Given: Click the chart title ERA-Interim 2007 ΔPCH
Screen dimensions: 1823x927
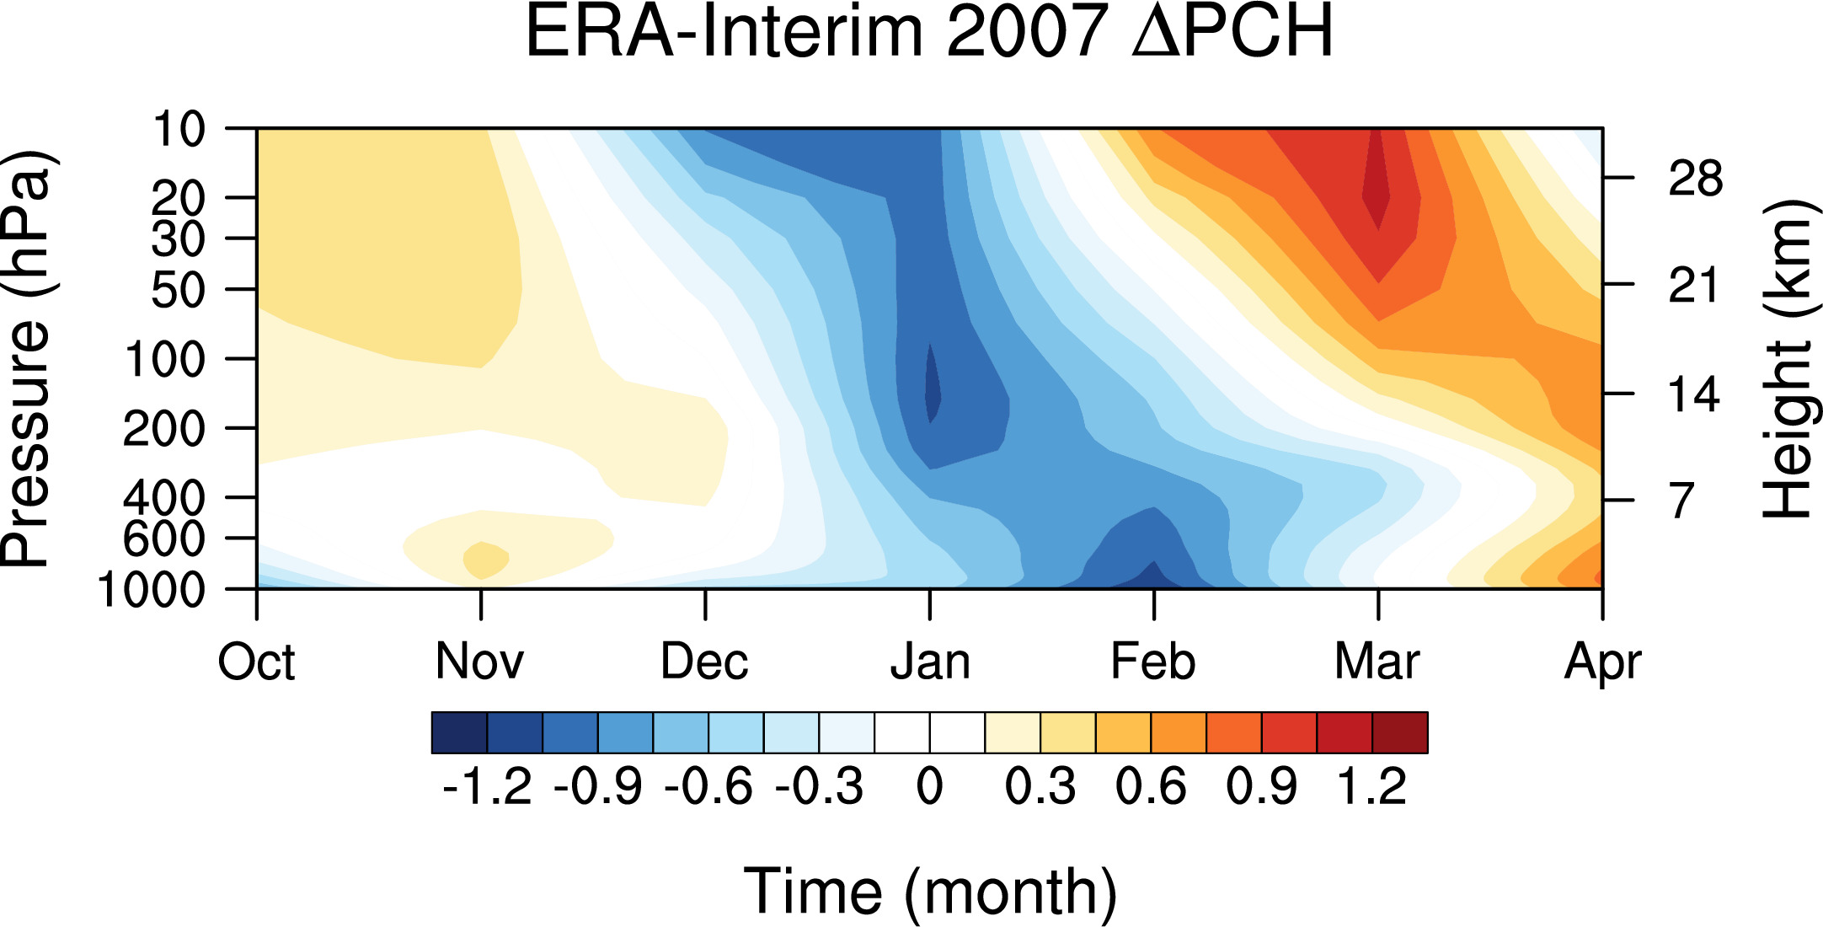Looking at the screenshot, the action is (x=929, y=32).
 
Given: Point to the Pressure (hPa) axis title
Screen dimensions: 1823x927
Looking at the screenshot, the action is (x=27, y=358).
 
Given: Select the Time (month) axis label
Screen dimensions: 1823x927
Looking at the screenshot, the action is (x=930, y=892).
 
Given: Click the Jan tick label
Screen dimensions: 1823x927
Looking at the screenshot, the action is (x=930, y=662).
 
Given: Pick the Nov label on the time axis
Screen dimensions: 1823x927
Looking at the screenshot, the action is (x=479, y=662).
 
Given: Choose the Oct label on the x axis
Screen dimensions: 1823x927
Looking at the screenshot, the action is (x=256, y=662).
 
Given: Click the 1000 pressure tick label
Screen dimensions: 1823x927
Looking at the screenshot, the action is (x=152, y=590).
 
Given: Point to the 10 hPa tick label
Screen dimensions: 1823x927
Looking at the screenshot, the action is (x=179, y=130).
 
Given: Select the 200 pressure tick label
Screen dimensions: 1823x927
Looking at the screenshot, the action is (x=164, y=429).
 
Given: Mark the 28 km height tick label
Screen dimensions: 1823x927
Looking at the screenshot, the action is (x=1695, y=179).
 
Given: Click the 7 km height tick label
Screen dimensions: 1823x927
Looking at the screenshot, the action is (x=1682, y=501).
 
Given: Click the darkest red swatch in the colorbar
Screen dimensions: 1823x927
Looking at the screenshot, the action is (x=1400, y=732).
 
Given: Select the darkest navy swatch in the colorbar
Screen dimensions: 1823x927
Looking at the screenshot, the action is (x=459, y=732).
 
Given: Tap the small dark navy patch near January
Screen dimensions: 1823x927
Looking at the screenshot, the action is (x=932, y=383).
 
